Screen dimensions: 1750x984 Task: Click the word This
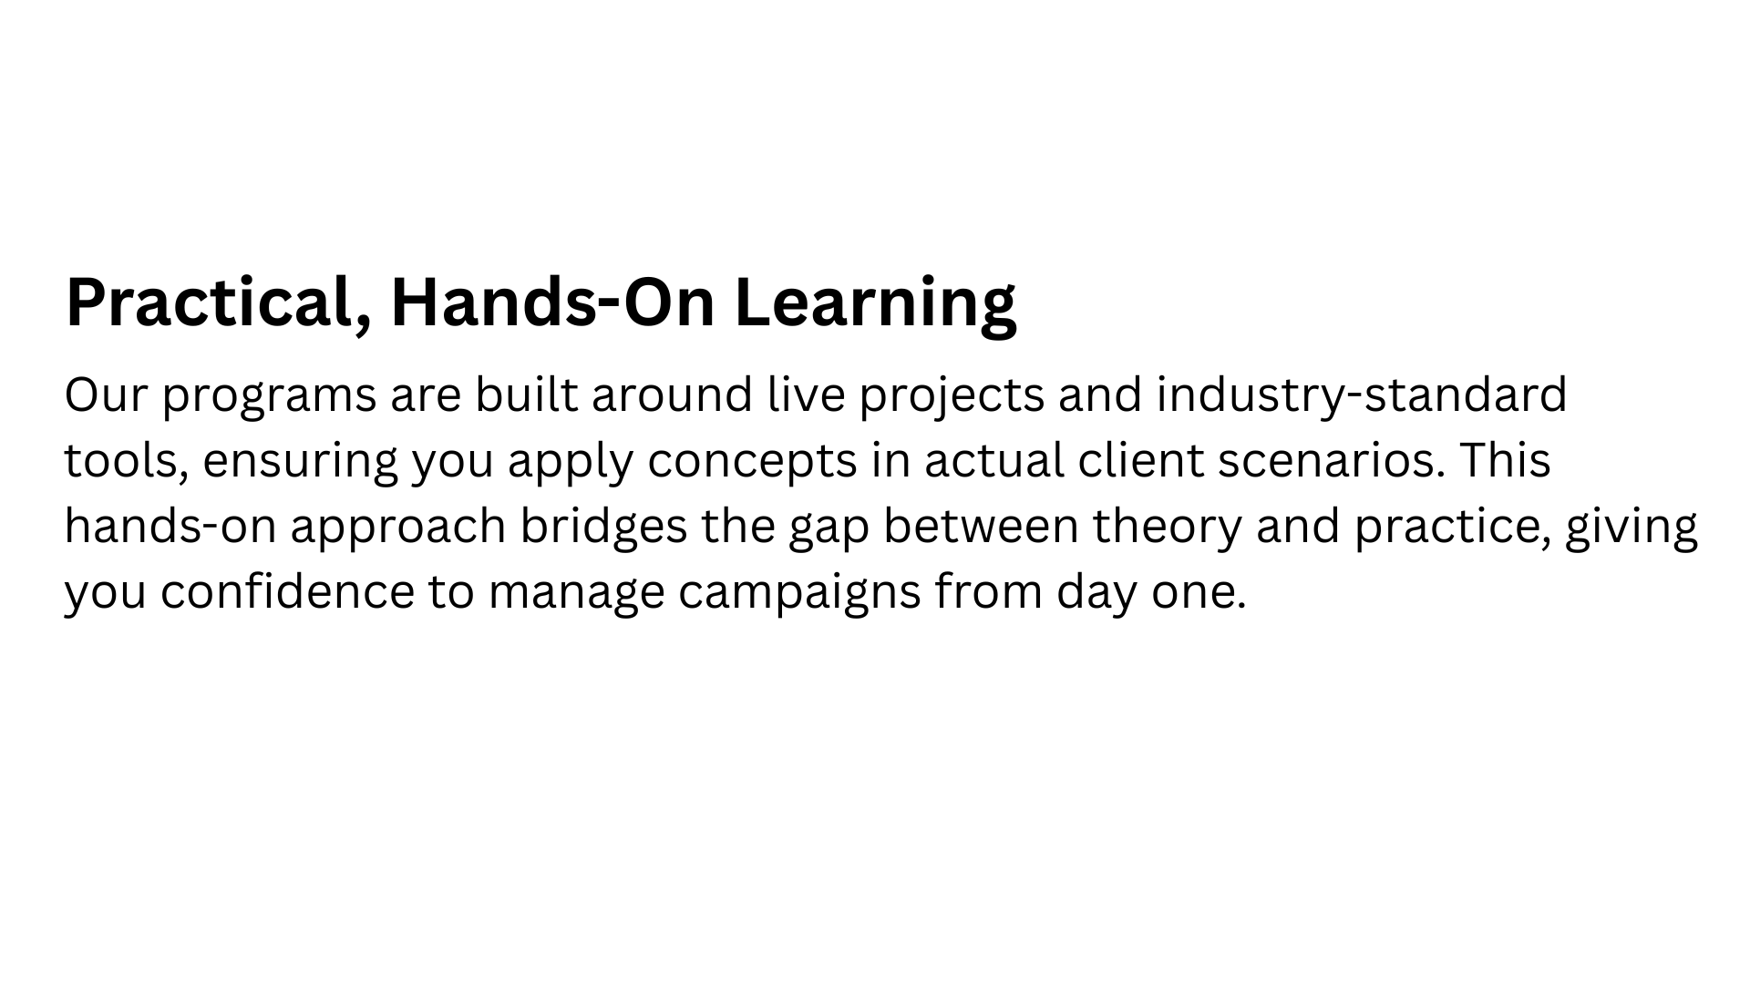click(x=1505, y=459)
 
